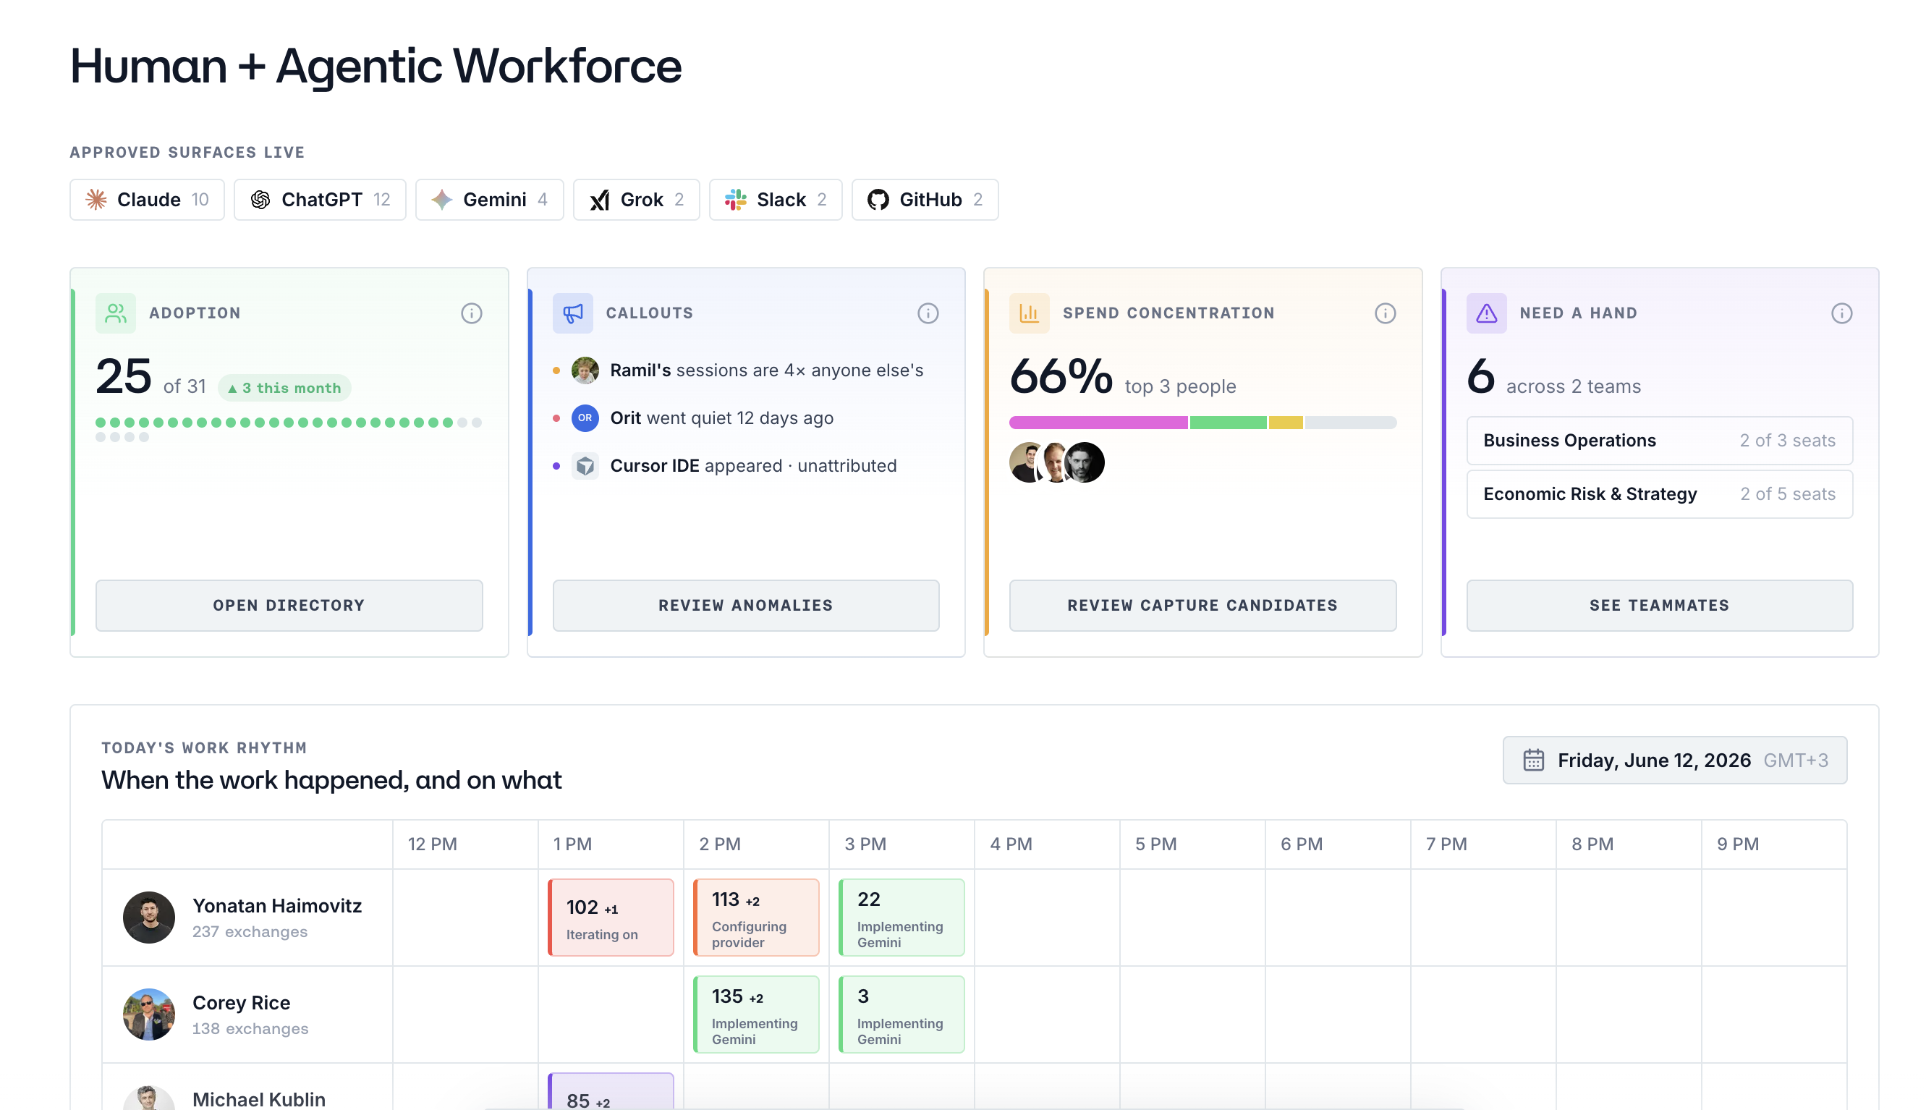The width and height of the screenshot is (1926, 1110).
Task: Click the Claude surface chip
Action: pyautogui.click(x=147, y=200)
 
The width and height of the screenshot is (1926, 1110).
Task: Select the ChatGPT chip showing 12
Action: pyautogui.click(x=320, y=200)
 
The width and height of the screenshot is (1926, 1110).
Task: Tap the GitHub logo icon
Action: pyautogui.click(x=878, y=200)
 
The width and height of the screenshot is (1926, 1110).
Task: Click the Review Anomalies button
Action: pyautogui.click(x=745, y=606)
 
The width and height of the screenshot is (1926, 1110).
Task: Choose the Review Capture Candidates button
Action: pyautogui.click(x=1202, y=606)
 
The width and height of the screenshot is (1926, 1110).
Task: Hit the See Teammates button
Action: pyautogui.click(x=1659, y=606)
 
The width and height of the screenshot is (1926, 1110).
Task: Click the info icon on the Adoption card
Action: pyautogui.click(x=472, y=313)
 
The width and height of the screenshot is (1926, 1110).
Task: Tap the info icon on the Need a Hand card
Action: pyautogui.click(x=1841, y=313)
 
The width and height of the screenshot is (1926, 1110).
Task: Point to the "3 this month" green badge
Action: pyautogui.click(x=284, y=388)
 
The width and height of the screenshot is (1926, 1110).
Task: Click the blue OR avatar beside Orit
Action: pyautogui.click(x=585, y=418)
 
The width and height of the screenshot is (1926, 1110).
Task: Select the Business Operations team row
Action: pyautogui.click(x=1659, y=441)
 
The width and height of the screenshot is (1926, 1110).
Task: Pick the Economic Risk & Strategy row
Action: pyautogui.click(x=1659, y=494)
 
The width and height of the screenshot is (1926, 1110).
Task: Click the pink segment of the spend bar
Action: pyautogui.click(x=1098, y=423)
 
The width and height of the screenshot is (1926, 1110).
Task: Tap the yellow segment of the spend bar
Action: pyautogui.click(x=1286, y=423)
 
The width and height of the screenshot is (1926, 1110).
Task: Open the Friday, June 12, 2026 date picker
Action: pyautogui.click(x=1674, y=760)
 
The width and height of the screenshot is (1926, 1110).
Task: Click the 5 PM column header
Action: pyautogui.click(x=1155, y=844)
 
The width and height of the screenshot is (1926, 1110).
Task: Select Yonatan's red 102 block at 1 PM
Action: pyautogui.click(x=611, y=917)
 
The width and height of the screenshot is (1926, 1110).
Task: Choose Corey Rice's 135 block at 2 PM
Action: pyautogui.click(x=756, y=1014)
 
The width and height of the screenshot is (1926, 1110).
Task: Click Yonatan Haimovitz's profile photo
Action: pyautogui.click(x=148, y=917)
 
